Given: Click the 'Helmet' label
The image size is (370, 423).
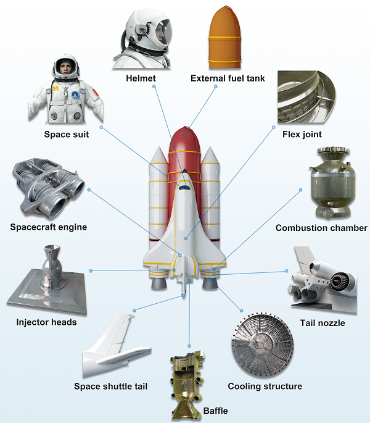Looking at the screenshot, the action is [x=141, y=78].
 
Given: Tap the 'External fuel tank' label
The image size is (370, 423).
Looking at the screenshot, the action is [x=228, y=78].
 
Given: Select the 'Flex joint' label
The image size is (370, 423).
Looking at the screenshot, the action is [x=302, y=134].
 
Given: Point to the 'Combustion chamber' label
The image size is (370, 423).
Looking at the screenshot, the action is [x=321, y=228].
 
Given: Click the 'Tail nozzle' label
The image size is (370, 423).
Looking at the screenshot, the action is [x=323, y=323].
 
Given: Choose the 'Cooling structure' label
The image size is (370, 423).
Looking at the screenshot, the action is [x=265, y=386].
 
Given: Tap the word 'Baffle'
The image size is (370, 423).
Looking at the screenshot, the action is [x=215, y=411].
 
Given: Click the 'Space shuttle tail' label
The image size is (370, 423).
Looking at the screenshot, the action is [x=111, y=386].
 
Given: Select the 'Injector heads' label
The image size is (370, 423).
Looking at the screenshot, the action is [x=46, y=322].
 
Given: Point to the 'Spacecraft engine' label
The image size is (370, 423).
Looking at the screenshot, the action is [x=49, y=227].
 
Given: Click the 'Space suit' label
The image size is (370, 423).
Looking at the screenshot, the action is [x=67, y=134].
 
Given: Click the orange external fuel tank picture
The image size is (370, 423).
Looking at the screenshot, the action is [x=224, y=37].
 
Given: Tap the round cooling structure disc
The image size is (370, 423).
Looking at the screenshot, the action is [x=263, y=345].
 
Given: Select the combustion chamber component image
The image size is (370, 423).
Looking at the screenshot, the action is [x=332, y=183].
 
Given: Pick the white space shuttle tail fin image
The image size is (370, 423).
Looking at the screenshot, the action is [x=116, y=346].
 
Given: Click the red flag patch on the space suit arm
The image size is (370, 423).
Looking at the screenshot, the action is [x=96, y=92].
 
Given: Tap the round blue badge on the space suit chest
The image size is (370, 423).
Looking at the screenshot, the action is [x=75, y=95].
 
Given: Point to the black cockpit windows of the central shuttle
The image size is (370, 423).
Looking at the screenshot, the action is [x=184, y=187].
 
